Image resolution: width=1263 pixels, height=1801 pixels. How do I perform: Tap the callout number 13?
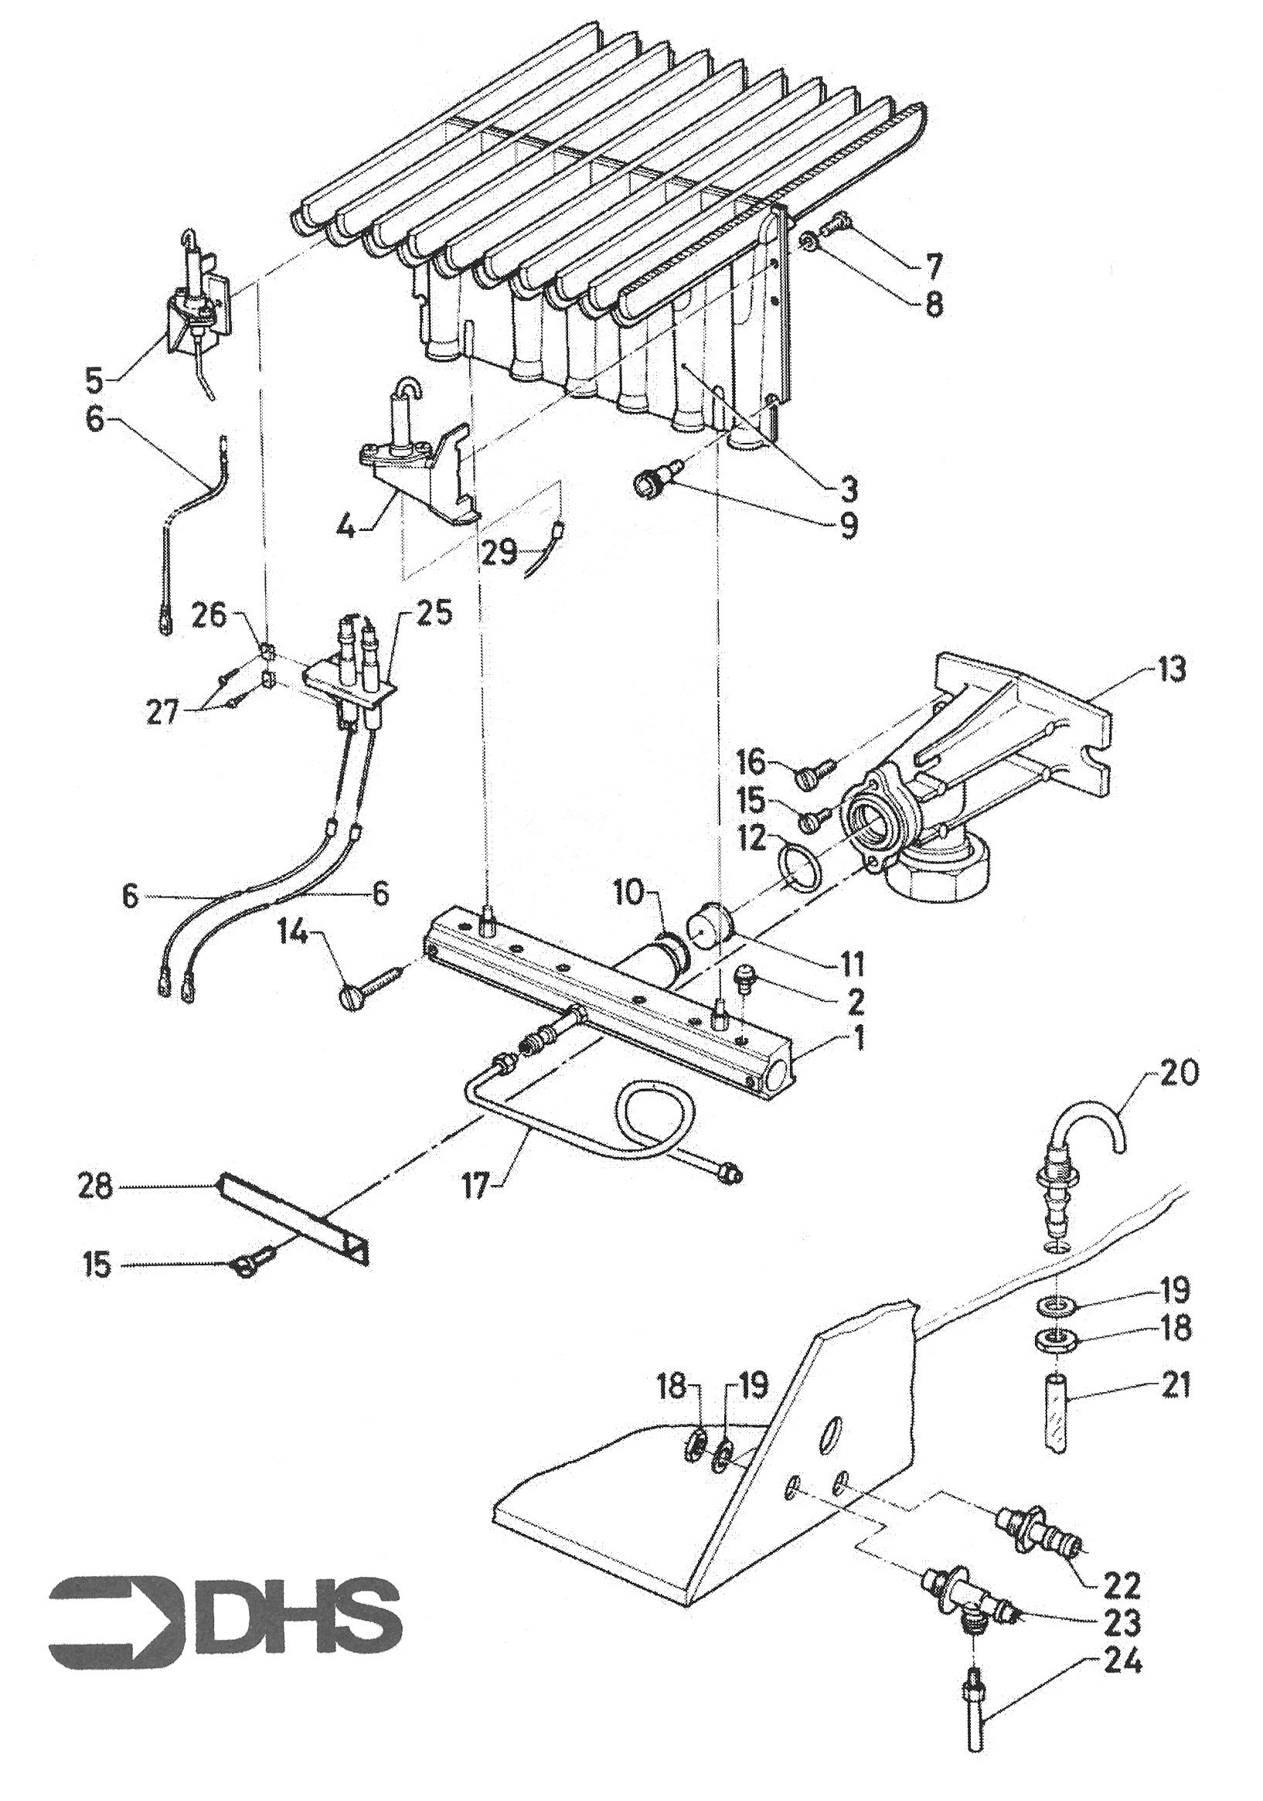pos(1170,671)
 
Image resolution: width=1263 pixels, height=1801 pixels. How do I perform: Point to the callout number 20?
pos(1176,1074)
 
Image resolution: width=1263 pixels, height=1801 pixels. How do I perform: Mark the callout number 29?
pos(499,553)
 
